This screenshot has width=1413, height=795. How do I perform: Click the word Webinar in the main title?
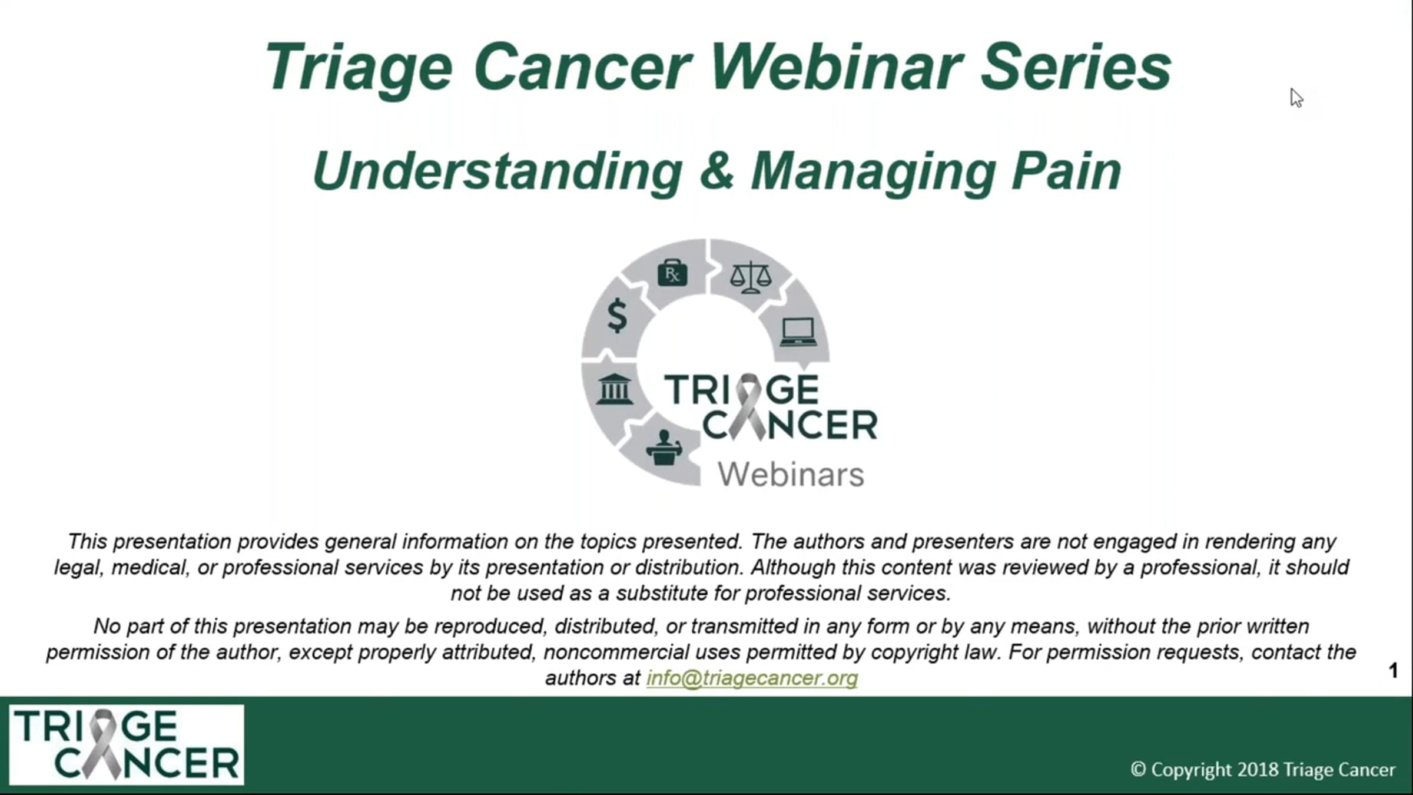[837, 67]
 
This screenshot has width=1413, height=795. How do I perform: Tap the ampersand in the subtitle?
[717, 171]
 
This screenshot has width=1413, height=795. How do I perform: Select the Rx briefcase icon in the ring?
[672, 273]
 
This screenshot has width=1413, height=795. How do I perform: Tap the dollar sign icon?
[617, 316]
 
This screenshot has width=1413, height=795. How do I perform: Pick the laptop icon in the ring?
[798, 332]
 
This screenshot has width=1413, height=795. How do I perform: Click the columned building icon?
[614, 389]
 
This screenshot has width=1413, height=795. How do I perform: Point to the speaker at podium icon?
[664, 448]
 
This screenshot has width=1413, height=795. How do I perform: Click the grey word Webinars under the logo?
[791, 475]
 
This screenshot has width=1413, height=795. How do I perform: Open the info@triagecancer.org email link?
[752, 678]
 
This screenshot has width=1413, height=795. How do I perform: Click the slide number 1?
[1393, 670]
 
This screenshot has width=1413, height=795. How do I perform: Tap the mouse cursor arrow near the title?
[1296, 98]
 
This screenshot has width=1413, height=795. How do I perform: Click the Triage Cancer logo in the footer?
[127, 744]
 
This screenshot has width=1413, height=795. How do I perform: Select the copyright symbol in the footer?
[1138, 769]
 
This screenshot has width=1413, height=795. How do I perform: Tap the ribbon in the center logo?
[749, 406]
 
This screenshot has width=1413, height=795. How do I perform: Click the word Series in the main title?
[1076, 67]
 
